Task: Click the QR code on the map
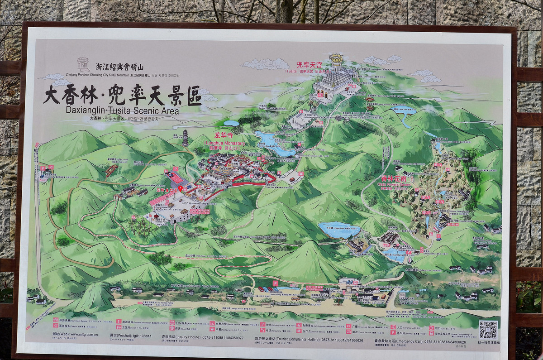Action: (x=488, y=329)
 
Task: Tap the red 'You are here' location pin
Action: (x=180, y=188)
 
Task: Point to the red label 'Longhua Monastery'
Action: (x=225, y=143)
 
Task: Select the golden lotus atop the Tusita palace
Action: (x=336, y=59)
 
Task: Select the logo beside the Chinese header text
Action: (x=83, y=64)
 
